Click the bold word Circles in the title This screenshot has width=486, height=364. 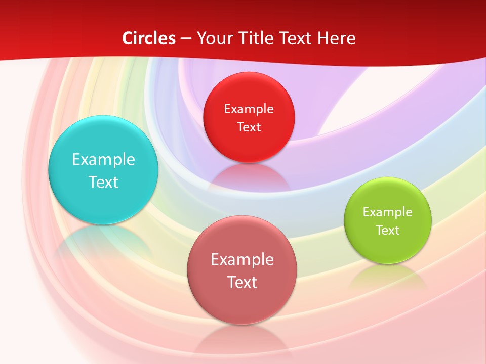149,38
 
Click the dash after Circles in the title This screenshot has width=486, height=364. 186,39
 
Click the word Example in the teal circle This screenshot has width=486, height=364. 103,160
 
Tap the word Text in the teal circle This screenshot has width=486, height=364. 103,182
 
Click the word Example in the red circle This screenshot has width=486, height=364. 249,109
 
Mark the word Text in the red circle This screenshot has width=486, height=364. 249,127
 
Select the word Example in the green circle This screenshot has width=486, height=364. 388,212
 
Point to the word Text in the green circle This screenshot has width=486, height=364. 388,231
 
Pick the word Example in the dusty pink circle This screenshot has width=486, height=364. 242,260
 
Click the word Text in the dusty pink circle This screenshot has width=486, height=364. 242,282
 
